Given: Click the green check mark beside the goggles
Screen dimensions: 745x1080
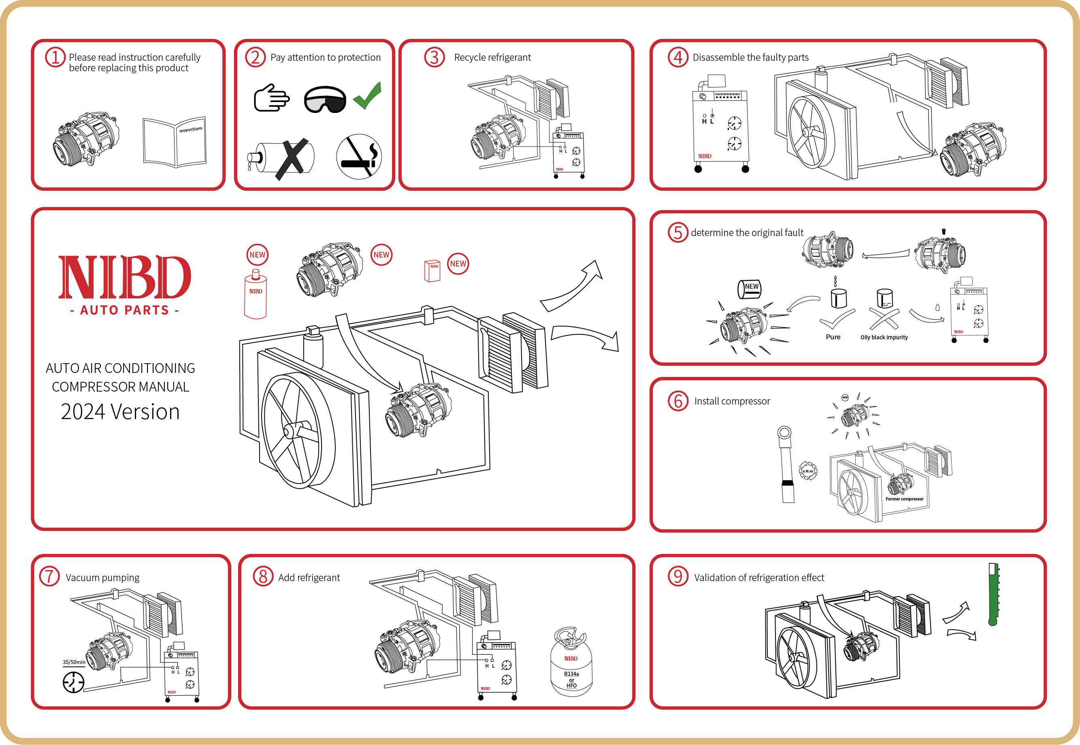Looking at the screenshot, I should tap(368, 96).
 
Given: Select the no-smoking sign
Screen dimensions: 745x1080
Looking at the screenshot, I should tap(359, 157).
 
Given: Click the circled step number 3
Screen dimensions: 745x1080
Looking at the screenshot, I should tap(434, 57).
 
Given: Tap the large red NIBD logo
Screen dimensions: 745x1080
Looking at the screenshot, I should tap(125, 277).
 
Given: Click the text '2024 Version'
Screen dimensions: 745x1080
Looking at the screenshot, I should tap(120, 412).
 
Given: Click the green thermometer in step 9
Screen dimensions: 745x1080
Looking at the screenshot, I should tap(993, 594).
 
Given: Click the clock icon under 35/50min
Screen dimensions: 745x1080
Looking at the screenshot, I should tap(73, 683).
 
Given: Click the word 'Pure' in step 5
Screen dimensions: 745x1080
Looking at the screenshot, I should tap(833, 337).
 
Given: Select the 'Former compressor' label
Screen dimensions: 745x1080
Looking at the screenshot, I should tap(905, 499).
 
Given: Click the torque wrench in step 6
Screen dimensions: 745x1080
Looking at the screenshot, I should tap(787, 464).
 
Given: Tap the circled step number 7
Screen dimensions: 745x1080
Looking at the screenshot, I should tap(49, 576).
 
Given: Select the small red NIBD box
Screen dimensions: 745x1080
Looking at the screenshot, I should tap(432, 271).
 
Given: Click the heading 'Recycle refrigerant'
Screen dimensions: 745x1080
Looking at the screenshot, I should tap(492, 57).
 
